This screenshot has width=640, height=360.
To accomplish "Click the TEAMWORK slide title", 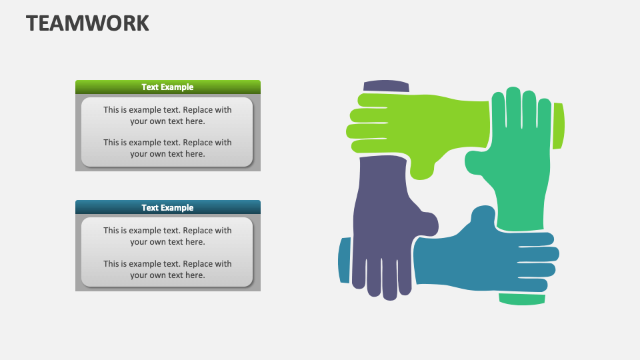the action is tap(87, 23).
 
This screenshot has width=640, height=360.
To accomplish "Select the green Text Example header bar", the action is tap(168, 87).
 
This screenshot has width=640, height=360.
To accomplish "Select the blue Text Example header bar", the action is tap(168, 207).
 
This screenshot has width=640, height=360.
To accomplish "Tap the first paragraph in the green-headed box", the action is tap(167, 115).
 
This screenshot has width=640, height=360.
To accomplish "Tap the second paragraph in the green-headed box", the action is tap(167, 148).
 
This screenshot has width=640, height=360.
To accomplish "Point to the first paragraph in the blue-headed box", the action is tap(167, 236).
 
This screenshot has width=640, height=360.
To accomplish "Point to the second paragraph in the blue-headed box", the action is tap(167, 269).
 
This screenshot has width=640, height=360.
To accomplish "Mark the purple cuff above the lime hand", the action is tap(386, 86).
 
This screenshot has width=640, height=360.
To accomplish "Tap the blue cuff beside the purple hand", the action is tap(345, 260).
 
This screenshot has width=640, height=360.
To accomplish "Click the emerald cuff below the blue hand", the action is tap(522, 299).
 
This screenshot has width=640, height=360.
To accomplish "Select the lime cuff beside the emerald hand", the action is tap(559, 126).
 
